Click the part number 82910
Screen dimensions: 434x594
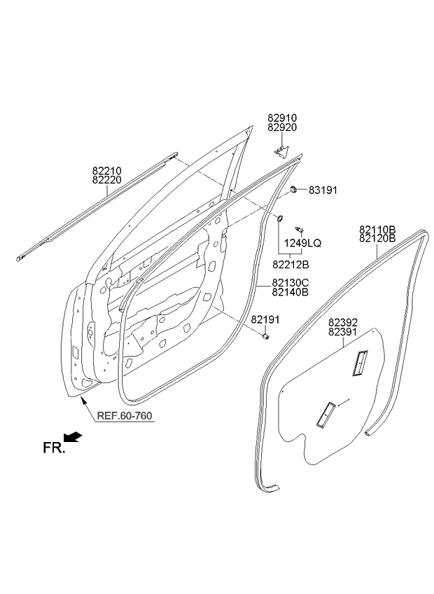tap(282, 118)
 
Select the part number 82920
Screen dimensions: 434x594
tap(282, 127)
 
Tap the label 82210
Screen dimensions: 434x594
tap(107, 171)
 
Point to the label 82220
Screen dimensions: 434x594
tap(107, 180)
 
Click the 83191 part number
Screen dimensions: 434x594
tap(323, 190)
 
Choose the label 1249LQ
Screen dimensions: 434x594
tap(303, 243)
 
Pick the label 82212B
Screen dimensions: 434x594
tap(290, 265)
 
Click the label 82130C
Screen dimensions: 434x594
tap(290, 283)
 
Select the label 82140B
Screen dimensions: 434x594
tap(290, 292)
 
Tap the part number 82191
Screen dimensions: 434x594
tap(265, 319)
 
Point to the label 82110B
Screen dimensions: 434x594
tap(377, 229)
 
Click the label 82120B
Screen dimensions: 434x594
tap(377, 238)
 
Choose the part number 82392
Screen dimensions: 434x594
tap(343, 322)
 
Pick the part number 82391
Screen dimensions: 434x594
tap(343, 332)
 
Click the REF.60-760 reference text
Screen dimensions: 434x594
tap(125, 416)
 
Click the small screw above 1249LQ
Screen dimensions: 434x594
tap(300, 230)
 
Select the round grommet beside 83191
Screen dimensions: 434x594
tap(293, 189)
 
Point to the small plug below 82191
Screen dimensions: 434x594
tap(266, 336)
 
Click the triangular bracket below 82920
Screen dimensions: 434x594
tap(281, 151)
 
